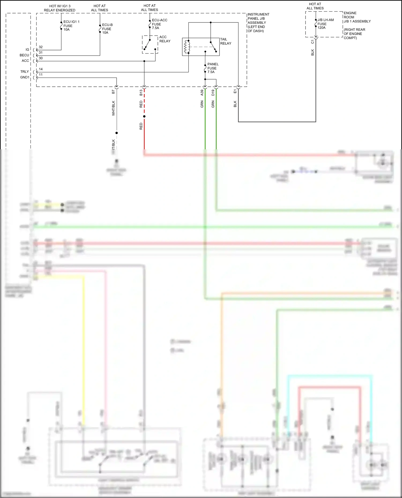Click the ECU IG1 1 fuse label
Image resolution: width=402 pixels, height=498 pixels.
71,26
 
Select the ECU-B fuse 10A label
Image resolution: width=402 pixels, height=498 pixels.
107,29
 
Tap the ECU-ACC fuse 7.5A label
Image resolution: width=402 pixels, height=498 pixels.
159,24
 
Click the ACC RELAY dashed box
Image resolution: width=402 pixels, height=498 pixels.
150,45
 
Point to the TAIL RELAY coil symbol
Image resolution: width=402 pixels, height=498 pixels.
187,47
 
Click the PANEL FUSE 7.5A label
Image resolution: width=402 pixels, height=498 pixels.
213,68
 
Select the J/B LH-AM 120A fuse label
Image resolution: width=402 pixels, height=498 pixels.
325,24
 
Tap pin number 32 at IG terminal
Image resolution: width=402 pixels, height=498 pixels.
41,47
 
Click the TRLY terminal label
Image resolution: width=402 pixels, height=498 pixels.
25,72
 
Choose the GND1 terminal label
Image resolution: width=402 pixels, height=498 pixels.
25,77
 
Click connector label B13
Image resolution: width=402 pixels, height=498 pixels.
141,93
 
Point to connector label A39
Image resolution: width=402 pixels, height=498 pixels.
202,93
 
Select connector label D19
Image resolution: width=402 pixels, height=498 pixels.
213,93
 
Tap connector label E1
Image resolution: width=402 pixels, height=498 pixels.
235,92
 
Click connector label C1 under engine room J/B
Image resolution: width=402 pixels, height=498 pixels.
312,42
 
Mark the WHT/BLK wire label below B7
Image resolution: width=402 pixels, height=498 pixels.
113,108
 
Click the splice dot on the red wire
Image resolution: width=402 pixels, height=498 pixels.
144,116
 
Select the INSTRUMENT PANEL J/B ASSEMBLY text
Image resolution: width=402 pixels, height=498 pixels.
258,22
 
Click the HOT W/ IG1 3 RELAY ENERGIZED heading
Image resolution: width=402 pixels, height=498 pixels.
59,8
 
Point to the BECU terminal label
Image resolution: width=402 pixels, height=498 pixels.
24,55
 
